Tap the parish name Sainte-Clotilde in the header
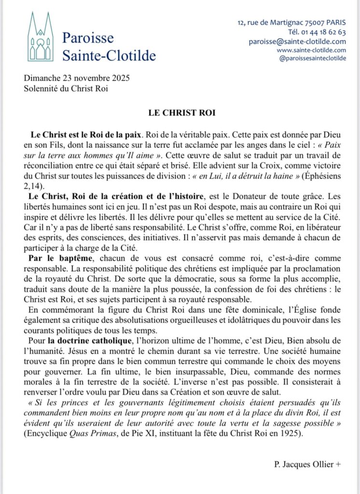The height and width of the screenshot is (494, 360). coord(109,55)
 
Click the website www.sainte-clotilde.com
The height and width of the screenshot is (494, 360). coord(311,50)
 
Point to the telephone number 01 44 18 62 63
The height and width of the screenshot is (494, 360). coord(324,32)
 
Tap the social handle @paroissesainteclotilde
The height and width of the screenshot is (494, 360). coord(313,58)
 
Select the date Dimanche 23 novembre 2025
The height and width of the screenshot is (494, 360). coord(77,78)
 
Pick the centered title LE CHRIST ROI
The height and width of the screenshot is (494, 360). coord(180,112)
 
